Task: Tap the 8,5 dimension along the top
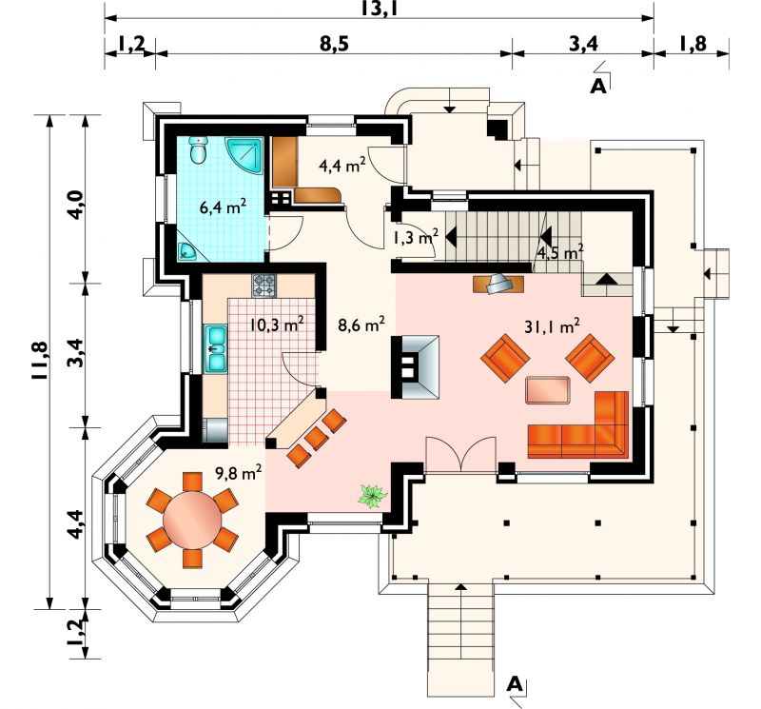pos(335,44)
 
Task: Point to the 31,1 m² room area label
pos(552,326)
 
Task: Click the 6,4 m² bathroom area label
pos(223,207)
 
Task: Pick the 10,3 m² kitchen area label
pos(277,324)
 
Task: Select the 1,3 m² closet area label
pos(416,237)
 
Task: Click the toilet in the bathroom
pos(198,150)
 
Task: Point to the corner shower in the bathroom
pos(245,156)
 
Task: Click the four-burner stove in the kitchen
pos(263,286)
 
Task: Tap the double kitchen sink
pos(216,348)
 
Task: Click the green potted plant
pos(372,497)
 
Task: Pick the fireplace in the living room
pos(415,366)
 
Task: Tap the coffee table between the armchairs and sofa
pos(548,389)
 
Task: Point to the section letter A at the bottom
pos(515,684)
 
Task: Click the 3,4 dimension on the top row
pos(583,44)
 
